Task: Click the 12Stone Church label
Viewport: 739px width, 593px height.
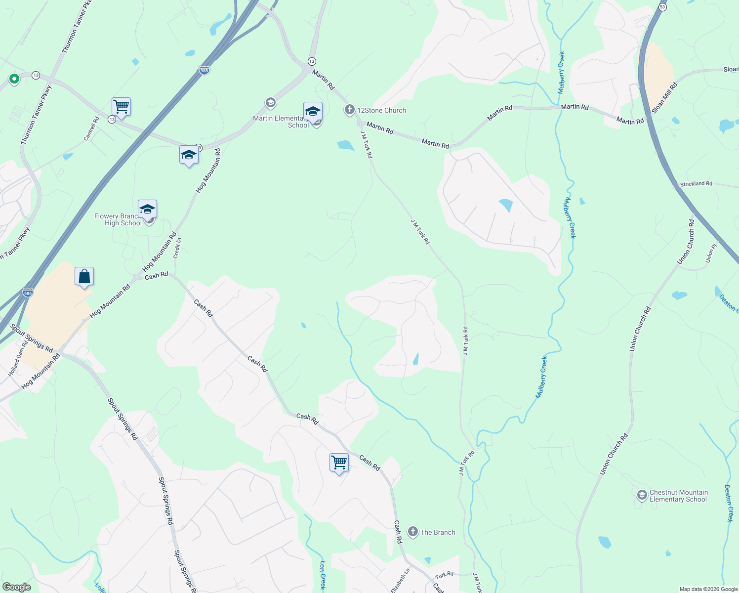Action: pyautogui.click(x=381, y=110)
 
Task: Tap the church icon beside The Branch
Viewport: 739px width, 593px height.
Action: pyautogui.click(x=412, y=532)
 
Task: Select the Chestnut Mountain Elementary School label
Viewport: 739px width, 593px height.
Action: pyautogui.click(x=678, y=496)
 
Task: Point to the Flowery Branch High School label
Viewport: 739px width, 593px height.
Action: pyautogui.click(x=118, y=219)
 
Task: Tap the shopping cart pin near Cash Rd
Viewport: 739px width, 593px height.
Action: pyautogui.click(x=339, y=463)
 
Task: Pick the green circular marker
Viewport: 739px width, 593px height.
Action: pyautogui.click(x=14, y=78)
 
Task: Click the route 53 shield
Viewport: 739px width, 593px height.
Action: pyautogui.click(x=662, y=6)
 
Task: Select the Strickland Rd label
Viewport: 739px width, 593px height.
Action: pyautogui.click(x=696, y=184)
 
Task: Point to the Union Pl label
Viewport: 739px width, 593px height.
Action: pyautogui.click(x=711, y=253)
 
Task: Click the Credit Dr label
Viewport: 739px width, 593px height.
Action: pyautogui.click(x=177, y=248)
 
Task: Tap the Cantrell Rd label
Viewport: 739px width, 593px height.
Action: pyautogui.click(x=91, y=128)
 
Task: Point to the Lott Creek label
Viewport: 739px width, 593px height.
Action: pyautogui.click(x=322, y=575)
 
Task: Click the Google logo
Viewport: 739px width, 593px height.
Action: pyautogui.click(x=16, y=587)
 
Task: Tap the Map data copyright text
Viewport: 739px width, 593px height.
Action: pyautogui.click(x=708, y=589)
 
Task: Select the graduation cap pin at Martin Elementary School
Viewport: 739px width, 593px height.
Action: pyautogui.click(x=313, y=112)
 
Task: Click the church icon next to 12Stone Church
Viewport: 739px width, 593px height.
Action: pyautogui.click(x=350, y=109)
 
